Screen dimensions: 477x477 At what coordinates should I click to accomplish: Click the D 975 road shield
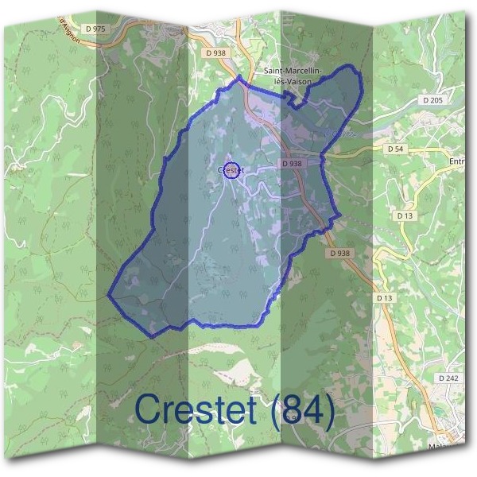[x=95, y=29]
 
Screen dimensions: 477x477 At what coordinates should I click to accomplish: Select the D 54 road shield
[x=395, y=149]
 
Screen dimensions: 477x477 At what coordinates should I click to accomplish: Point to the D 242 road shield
[x=448, y=378]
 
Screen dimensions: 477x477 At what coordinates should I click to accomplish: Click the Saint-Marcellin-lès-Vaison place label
[x=293, y=76]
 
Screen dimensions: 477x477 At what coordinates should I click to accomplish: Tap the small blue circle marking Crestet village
[x=231, y=169]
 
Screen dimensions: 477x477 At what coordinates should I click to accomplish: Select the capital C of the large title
[x=149, y=410]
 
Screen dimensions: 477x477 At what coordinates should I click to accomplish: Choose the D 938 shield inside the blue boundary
[x=293, y=163]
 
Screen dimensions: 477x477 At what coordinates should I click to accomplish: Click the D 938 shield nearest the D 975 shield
[x=215, y=53]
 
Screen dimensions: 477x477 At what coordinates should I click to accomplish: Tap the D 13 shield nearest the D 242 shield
[x=385, y=297]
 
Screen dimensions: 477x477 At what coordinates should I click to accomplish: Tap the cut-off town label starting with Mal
[x=460, y=447]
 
